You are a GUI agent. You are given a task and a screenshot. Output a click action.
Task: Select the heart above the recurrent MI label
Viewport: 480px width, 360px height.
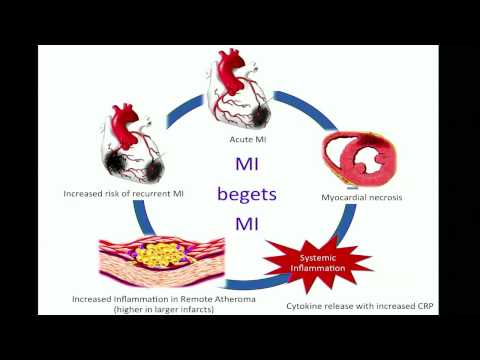[136, 146]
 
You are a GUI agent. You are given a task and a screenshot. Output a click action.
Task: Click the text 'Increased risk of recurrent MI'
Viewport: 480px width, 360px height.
[124, 193]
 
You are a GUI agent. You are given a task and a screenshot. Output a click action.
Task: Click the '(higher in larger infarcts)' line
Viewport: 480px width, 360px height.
[166, 310]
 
